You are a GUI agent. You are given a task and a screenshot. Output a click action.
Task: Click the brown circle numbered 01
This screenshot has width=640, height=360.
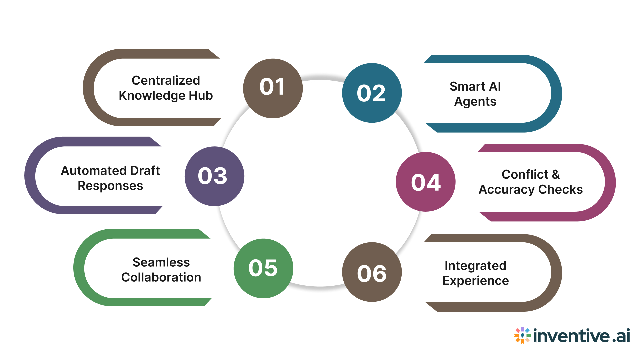[x=273, y=88]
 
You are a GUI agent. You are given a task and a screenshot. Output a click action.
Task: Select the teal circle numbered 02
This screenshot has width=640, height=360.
[x=372, y=93]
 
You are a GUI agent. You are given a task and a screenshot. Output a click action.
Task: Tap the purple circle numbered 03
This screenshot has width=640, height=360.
[x=214, y=176]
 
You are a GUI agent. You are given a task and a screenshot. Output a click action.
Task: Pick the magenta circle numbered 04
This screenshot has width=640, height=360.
[x=426, y=182]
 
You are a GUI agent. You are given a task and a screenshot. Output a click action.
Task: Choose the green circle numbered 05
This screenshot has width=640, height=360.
[x=263, y=268]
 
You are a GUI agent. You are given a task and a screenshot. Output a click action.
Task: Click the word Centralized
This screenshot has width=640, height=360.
[x=166, y=80]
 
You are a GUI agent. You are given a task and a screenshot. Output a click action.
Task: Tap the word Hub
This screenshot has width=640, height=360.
[x=201, y=96]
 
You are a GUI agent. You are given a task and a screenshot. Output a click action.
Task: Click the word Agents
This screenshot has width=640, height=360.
[x=475, y=102]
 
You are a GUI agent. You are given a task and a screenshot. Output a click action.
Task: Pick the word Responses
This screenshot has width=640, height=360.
[x=110, y=186]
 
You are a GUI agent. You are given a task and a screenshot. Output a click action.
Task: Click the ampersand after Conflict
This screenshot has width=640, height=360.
[x=556, y=174]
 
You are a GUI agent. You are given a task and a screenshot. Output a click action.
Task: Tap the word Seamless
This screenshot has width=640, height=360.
[x=161, y=262]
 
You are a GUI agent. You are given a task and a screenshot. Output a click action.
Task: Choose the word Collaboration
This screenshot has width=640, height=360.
[x=161, y=277]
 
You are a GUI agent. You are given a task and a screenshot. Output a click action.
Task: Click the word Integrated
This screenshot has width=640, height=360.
[x=475, y=266]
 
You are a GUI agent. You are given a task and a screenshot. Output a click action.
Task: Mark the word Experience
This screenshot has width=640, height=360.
[x=475, y=281]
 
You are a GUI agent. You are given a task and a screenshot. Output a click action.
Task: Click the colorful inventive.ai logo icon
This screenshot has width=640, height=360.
[x=522, y=335]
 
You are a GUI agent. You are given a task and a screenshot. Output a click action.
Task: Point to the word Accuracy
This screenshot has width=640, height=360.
[x=506, y=190]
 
